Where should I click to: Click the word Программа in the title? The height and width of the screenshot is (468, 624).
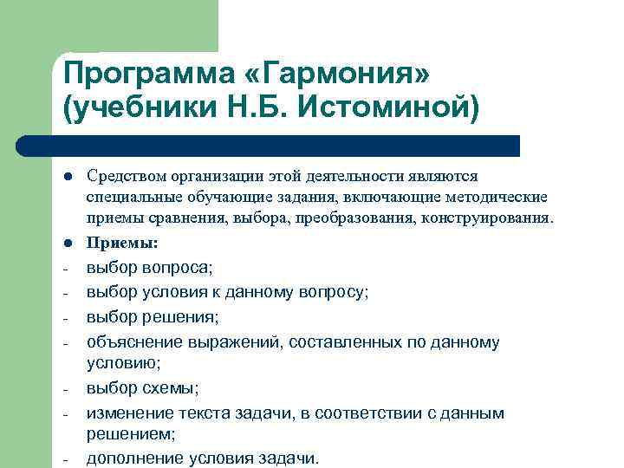[x=142, y=73]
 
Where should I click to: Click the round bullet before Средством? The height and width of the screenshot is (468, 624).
[x=68, y=177]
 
